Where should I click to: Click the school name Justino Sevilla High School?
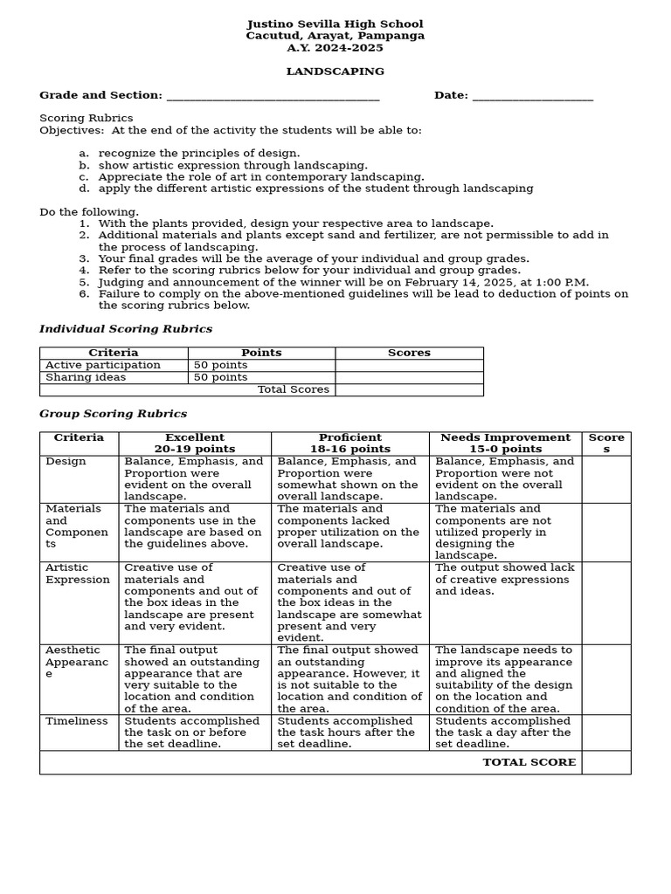[x=335, y=24]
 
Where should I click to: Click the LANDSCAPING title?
[x=335, y=72]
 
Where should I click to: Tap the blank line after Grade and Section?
[x=273, y=96]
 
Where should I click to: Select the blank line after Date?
[x=532, y=96]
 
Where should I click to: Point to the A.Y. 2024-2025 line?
[x=335, y=48]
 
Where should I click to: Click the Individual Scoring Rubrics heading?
[x=126, y=329]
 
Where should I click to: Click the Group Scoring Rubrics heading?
[x=113, y=414]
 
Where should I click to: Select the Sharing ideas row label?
[x=86, y=377]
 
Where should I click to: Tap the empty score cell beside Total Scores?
[x=408, y=389]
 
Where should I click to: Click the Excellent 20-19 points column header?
[x=194, y=444]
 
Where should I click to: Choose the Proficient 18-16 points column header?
[x=349, y=444]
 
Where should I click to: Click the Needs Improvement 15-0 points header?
[x=505, y=444]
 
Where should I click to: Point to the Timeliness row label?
[x=77, y=721]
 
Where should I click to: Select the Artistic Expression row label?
[x=78, y=574]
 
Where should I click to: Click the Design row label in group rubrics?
[x=66, y=462]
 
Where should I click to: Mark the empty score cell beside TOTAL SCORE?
[x=605, y=762]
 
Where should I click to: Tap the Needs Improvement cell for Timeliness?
[x=504, y=732]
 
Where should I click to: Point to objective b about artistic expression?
[x=232, y=165]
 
